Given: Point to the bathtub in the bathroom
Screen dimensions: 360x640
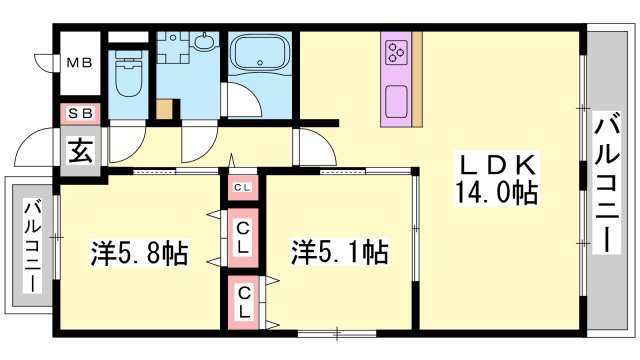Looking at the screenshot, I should coord(258,54).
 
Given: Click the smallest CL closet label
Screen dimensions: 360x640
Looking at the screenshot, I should coord(243,187).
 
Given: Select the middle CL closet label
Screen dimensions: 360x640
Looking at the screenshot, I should coord(243,238).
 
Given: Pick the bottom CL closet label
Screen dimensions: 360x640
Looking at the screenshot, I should coord(243,301).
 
